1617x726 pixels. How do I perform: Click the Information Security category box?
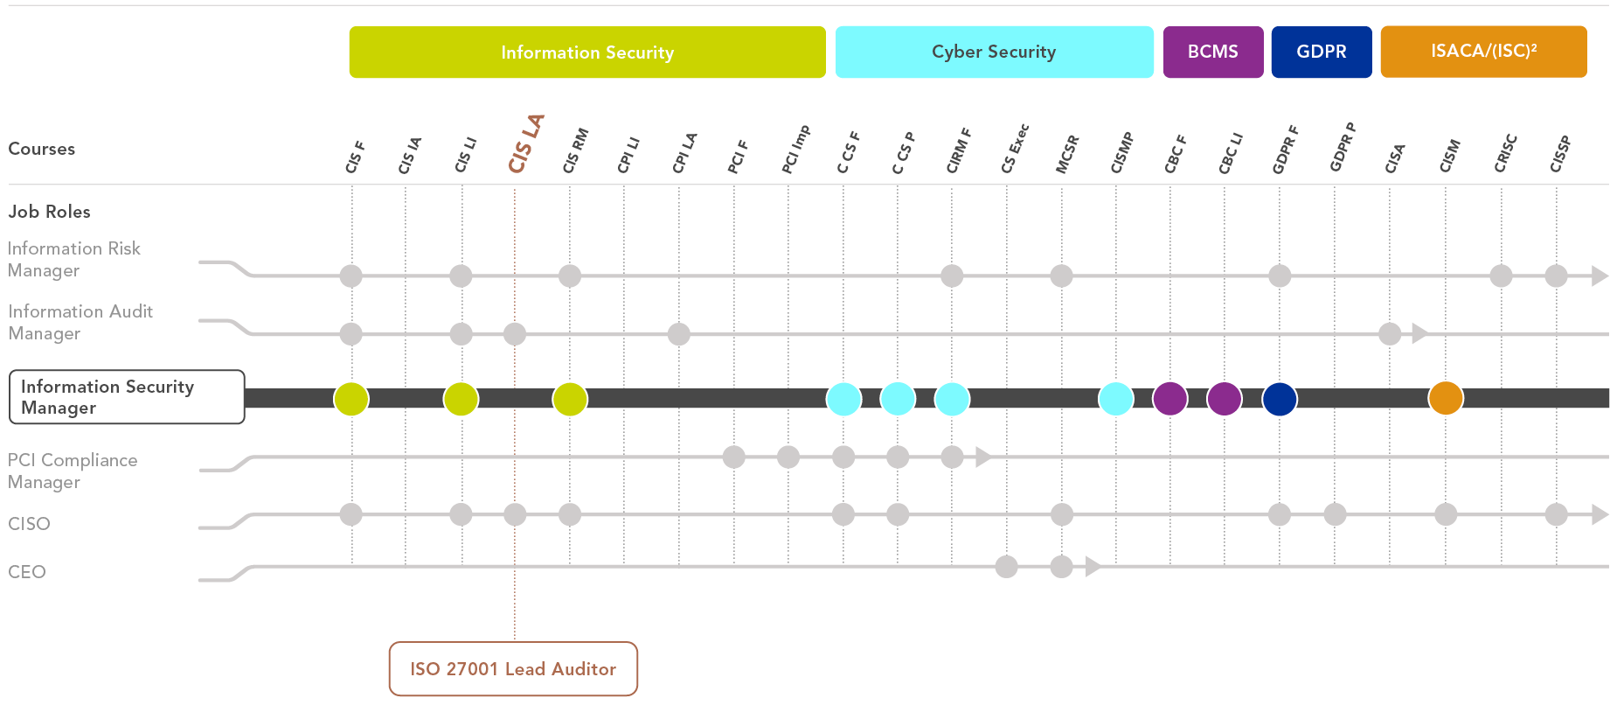587,52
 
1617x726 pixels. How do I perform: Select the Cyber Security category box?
994,52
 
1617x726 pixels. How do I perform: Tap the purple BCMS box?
1213,52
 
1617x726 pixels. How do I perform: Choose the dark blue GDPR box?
1322,52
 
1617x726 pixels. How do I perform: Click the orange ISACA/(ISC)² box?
1483,52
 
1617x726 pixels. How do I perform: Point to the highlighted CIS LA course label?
526,144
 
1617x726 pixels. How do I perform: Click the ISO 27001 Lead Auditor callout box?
513,669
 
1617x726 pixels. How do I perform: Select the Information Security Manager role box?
127,397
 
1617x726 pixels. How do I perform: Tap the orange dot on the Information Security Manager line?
1446,398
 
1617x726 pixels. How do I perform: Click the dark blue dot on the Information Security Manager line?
1280,398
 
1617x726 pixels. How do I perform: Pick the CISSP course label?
1560,154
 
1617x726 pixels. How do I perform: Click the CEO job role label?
27,572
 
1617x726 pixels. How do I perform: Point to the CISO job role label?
29,524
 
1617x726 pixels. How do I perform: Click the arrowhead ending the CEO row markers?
1093,567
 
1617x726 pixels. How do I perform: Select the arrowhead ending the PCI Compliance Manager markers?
983,457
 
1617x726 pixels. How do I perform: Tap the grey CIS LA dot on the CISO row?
515,514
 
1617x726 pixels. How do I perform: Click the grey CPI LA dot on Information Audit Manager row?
679,333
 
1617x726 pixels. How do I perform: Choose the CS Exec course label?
1015,149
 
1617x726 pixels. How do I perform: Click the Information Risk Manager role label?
74,260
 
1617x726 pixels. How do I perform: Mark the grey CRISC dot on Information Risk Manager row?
1501,276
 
